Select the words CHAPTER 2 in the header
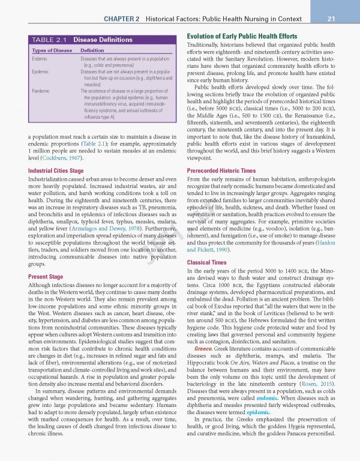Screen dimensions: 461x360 coord(122,19)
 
